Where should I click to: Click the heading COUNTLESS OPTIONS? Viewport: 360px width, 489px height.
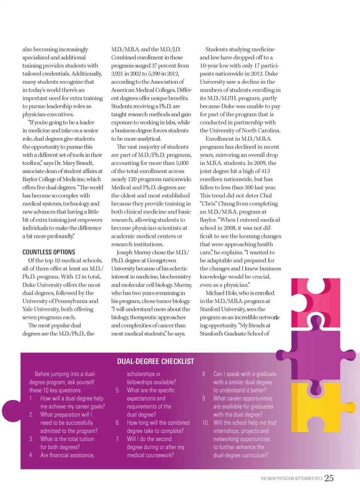[x=49, y=252]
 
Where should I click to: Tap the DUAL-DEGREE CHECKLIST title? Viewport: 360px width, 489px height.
[x=156, y=362]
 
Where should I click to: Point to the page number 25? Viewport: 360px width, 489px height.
[x=329, y=478]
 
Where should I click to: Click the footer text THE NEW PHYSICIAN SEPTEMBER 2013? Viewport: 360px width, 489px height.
[x=291, y=479]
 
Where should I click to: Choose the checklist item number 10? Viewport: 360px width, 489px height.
[x=205, y=423]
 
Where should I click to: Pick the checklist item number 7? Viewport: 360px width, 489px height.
[x=118, y=439]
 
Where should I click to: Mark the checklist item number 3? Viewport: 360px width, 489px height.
[x=31, y=439]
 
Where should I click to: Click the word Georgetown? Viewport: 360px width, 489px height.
[x=162, y=260]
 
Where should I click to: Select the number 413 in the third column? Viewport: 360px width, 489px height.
[x=265, y=171]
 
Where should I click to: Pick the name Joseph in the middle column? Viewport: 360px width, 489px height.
[x=125, y=252]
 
